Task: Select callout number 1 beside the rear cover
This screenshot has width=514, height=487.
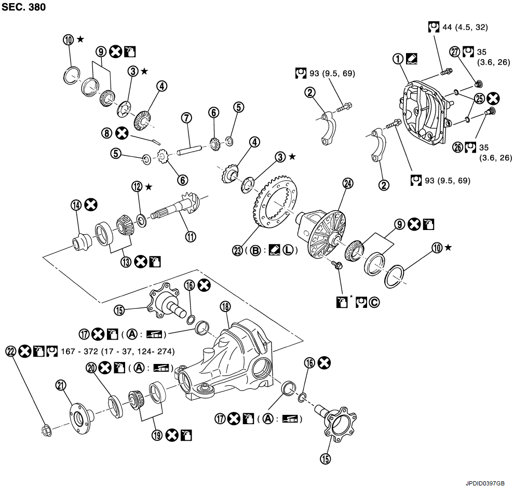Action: (399, 59)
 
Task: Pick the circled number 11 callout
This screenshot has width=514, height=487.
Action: (191, 237)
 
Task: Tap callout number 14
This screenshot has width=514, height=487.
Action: (76, 206)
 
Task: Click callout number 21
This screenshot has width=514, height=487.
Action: (61, 385)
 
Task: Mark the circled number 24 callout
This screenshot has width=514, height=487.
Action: (347, 183)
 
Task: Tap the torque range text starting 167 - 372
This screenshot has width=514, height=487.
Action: (117, 351)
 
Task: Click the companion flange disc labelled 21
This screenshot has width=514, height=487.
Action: (80, 415)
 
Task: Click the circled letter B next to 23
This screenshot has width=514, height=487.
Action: (255, 250)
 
